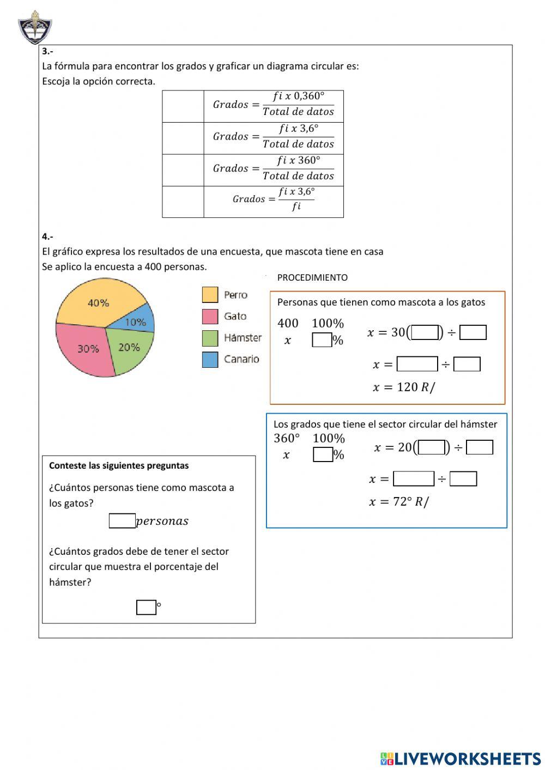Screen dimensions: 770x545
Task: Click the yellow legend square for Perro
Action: (210, 295)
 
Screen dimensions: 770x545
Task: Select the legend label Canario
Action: (241, 359)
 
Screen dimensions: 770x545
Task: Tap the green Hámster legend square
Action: (210, 338)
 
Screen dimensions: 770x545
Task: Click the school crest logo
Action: (35, 28)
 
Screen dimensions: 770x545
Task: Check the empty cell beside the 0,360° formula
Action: (183, 106)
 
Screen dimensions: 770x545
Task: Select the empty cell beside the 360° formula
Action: (183, 170)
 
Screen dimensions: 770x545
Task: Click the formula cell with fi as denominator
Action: (274, 202)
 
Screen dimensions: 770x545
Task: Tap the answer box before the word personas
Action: (122, 521)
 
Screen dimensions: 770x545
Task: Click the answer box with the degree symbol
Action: (146, 607)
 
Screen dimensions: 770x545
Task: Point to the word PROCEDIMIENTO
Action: (312, 277)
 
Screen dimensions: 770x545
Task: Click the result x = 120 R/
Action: (404, 387)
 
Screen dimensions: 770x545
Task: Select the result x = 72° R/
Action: (399, 502)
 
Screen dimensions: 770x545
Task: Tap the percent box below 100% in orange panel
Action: (322, 340)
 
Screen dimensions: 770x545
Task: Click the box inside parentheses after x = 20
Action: (432, 447)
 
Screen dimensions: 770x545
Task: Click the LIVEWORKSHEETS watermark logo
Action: (461, 759)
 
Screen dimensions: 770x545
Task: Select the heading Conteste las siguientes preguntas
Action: (119, 465)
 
